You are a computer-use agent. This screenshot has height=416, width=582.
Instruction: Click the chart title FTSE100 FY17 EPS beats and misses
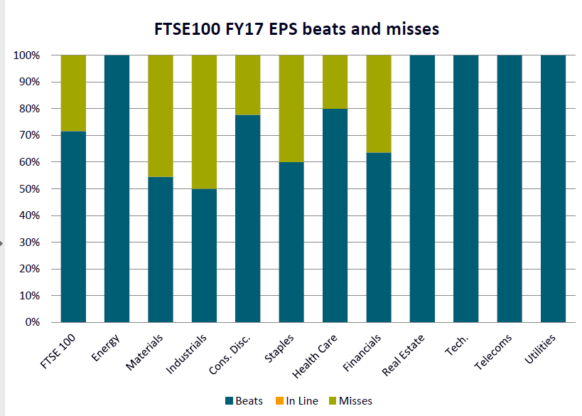[x=297, y=29]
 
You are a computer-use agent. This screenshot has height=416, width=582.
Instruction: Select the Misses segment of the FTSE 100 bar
[x=73, y=93]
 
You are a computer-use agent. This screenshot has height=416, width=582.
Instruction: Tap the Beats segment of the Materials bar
[x=161, y=249]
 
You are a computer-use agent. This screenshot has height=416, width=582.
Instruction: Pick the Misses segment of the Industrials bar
[x=204, y=122]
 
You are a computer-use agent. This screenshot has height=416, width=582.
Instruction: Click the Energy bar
[x=117, y=188]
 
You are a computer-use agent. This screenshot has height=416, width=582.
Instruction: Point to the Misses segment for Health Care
[x=335, y=82]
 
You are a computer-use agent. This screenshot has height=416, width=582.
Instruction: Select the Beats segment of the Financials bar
[x=379, y=238]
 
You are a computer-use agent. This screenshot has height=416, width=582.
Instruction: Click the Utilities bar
[x=554, y=188]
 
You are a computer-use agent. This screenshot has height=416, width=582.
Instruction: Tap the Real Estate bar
[x=423, y=188]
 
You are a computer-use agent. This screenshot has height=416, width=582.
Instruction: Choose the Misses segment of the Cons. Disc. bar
[x=248, y=85]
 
